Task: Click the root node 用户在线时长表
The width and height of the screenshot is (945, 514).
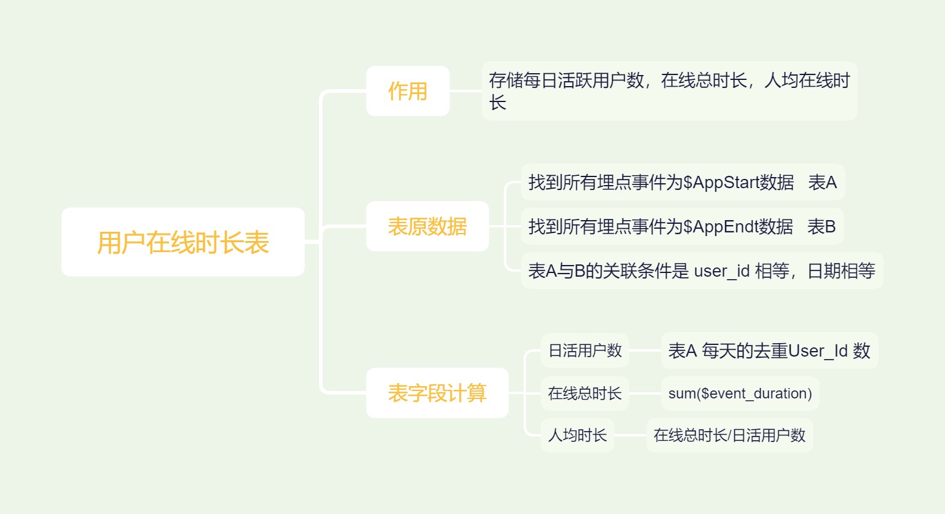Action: pos(182,242)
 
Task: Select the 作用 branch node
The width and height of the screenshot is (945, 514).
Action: pos(407,91)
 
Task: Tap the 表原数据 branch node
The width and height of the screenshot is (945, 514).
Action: pos(427,226)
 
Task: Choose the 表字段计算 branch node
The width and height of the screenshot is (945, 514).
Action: pos(437,393)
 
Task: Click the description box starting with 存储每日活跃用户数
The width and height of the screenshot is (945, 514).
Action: pos(669,91)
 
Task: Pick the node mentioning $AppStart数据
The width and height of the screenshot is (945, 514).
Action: pos(682,182)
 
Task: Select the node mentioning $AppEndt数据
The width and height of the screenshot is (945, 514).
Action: pos(681,226)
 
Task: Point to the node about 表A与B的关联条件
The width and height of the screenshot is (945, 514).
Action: pos(701,271)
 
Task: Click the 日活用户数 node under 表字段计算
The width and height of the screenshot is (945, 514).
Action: pos(584,350)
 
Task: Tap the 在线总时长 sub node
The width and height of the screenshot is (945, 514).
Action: pos(584,393)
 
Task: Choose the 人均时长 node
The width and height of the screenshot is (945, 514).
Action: pos(577,435)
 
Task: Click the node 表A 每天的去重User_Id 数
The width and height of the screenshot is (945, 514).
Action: pos(769,350)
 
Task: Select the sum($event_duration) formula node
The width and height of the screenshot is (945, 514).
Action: pos(740,393)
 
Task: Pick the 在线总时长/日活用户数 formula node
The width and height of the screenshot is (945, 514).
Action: pos(729,435)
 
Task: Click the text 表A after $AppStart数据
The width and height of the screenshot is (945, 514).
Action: pos(823,182)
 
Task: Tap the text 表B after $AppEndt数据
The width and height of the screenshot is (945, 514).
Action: pos(821,226)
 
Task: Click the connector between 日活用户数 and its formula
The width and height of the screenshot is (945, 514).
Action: pos(645,350)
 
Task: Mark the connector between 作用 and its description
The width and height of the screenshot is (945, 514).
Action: pos(465,91)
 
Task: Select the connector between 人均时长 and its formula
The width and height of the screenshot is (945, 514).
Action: pos(630,435)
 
